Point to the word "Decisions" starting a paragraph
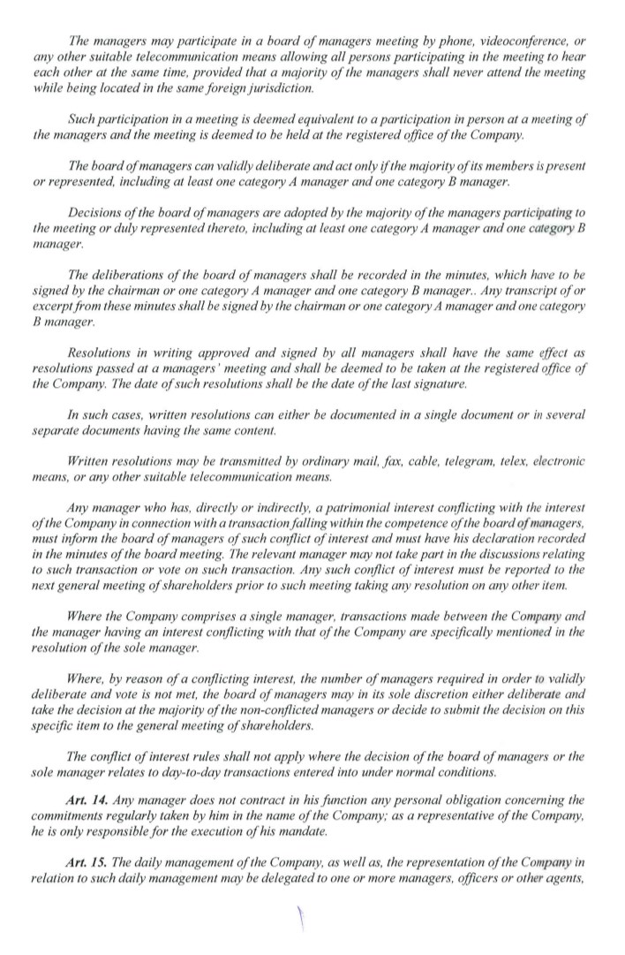[95, 212]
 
